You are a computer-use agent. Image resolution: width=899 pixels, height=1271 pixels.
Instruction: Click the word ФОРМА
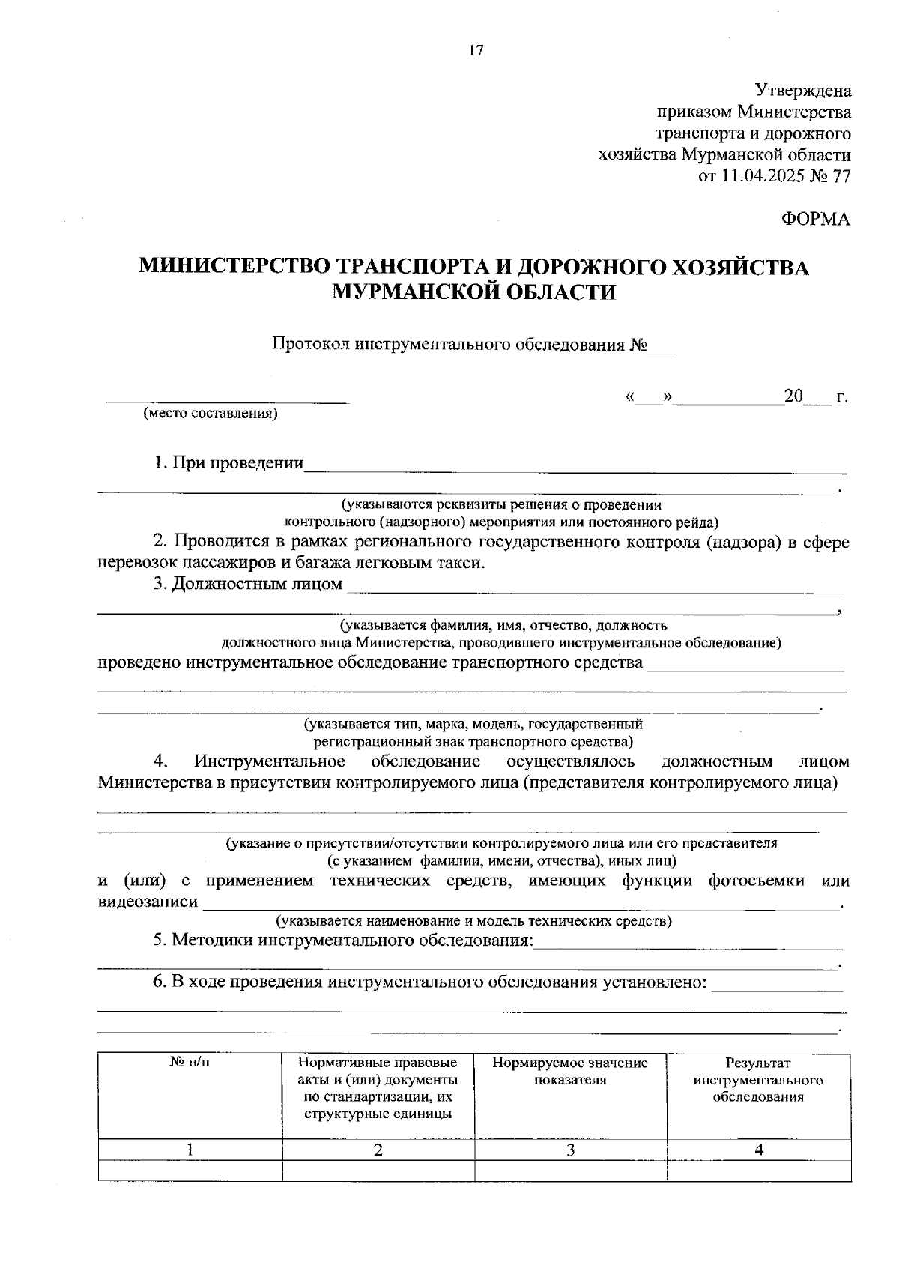(816, 219)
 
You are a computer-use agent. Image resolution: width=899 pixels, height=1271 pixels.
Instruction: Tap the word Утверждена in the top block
(802, 91)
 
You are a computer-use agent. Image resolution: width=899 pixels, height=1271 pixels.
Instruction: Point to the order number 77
(841, 177)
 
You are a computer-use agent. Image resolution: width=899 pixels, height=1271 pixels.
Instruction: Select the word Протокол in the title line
(310, 345)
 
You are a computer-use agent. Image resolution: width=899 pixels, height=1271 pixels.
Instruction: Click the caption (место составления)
(211, 414)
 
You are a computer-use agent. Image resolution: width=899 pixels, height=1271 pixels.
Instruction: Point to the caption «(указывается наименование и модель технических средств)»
(473, 921)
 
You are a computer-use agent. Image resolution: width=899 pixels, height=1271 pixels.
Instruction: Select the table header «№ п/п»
(190, 1063)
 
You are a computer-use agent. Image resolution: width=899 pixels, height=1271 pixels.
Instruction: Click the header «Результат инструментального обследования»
(758, 1080)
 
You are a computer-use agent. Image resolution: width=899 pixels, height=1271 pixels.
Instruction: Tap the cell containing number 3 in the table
(570, 1150)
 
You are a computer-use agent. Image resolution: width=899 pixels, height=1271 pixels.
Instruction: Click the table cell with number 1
(190, 1150)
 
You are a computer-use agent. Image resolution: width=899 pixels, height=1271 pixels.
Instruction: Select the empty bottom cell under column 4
(758, 1171)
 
